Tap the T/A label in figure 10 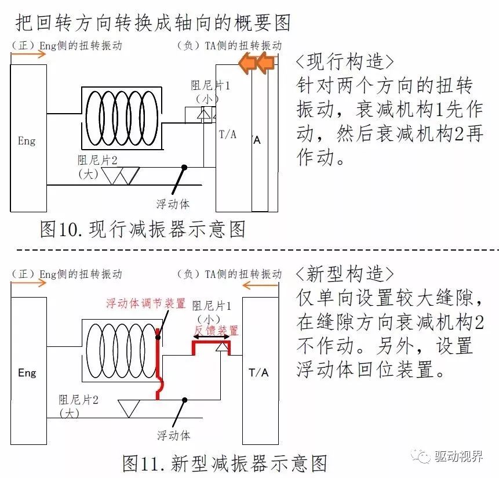(x=228, y=135)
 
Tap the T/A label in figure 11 (x=259, y=372)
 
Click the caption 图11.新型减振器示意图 (x=225, y=463)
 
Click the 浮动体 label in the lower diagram (x=173, y=434)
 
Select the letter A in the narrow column (x=257, y=140)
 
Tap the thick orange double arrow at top (x=257, y=63)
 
